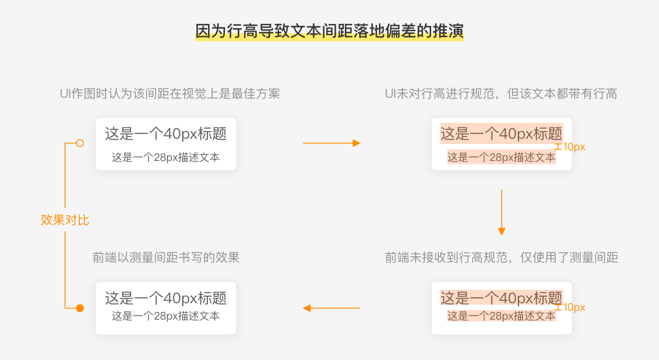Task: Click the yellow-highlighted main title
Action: [x=329, y=31]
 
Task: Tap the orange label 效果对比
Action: [x=64, y=220]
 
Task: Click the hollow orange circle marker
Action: [x=80, y=143]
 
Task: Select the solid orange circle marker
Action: [x=80, y=308]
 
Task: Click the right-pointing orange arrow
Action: [x=332, y=143]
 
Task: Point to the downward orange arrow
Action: [x=501, y=212]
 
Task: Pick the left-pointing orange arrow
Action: [x=332, y=308]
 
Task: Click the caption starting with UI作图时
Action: [x=170, y=94]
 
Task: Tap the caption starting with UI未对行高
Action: [x=501, y=94]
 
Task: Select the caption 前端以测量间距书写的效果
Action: [x=166, y=258]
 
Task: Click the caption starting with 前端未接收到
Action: [x=501, y=258]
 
